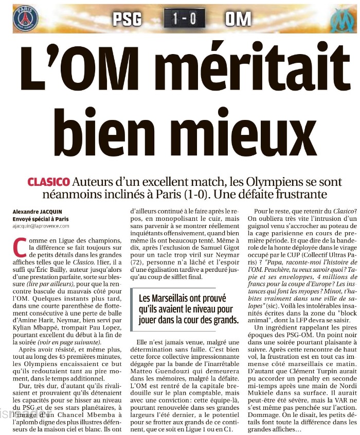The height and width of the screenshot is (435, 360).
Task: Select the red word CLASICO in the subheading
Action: (x=49, y=182)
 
